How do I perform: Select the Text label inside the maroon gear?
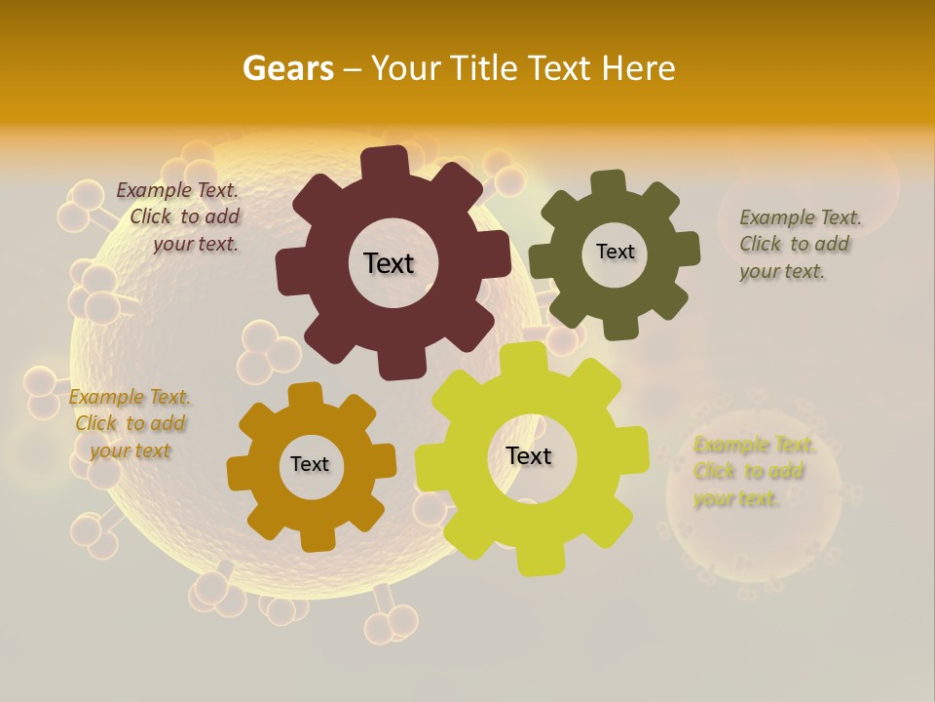(x=389, y=263)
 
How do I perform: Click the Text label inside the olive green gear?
(x=615, y=252)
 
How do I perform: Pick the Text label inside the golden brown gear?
(x=310, y=464)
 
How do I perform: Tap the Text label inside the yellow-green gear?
(x=529, y=455)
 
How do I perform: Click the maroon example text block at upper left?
(x=180, y=217)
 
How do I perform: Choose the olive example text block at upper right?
(x=799, y=244)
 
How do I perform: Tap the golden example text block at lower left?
(x=131, y=423)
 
